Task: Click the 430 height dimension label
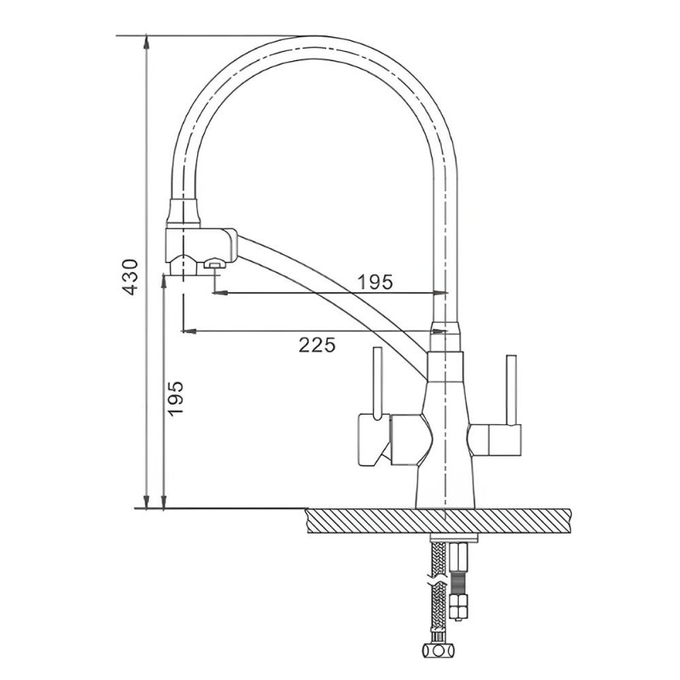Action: click(x=131, y=277)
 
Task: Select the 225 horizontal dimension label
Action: click(x=317, y=345)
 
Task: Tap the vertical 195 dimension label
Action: click(x=175, y=399)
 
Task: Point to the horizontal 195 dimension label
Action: click(x=375, y=282)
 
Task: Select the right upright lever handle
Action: click(x=512, y=391)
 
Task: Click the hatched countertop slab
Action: click(x=438, y=520)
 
